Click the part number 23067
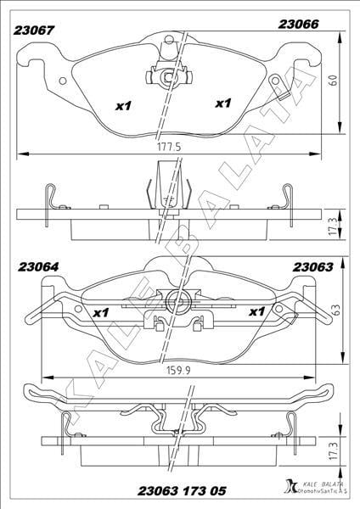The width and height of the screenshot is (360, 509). tap(33, 31)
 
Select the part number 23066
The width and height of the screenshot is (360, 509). tap(298, 25)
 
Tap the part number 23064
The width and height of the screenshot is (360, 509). tap(38, 267)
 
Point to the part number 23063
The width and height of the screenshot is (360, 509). tap(313, 267)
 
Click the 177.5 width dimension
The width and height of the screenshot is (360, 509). tap(169, 147)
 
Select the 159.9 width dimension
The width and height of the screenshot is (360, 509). tap(178, 371)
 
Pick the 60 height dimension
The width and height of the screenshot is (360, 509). tap(334, 81)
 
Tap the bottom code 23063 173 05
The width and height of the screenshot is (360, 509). tap(182, 491)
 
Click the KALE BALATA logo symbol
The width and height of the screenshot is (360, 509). tap(290, 487)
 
